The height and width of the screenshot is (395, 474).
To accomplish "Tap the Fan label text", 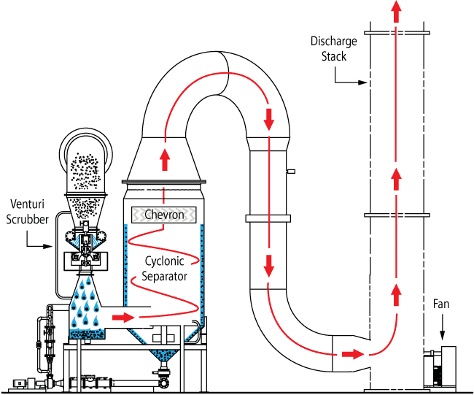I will (x=440, y=304).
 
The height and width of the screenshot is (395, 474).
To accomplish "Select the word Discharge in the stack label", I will (x=333, y=42).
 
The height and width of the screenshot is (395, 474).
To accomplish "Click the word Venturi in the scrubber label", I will (x=28, y=202).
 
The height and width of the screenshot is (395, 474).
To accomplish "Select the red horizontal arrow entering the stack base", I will (x=352, y=354).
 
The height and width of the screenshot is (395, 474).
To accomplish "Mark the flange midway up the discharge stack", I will (x=395, y=215).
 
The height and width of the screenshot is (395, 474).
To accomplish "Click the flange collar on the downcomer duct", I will (x=269, y=218).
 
